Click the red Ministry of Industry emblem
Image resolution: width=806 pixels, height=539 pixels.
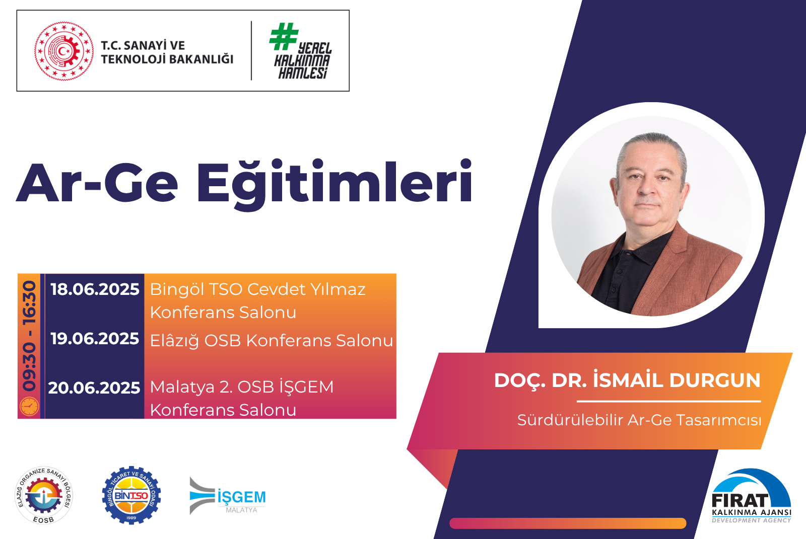click(x=64, y=51)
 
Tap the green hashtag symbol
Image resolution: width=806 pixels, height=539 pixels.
click(x=284, y=36)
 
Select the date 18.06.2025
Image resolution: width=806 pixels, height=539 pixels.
click(x=95, y=289)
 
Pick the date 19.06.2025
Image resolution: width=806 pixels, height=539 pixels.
click(x=95, y=339)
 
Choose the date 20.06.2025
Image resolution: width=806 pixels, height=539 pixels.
click(x=94, y=388)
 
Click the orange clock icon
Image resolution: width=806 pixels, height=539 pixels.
click(x=29, y=407)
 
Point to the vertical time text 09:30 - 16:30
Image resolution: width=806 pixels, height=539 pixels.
click(x=30, y=336)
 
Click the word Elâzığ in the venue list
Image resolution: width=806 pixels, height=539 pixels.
click(x=174, y=340)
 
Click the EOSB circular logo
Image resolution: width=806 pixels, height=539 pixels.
click(x=44, y=496)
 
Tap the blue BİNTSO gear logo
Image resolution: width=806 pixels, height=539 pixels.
click(x=131, y=496)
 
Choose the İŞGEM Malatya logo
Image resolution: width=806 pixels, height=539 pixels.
click(x=227, y=496)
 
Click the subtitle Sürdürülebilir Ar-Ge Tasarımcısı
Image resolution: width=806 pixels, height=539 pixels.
click(x=639, y=420)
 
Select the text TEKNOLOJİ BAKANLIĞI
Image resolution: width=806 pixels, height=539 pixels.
click(x=167, y=59)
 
